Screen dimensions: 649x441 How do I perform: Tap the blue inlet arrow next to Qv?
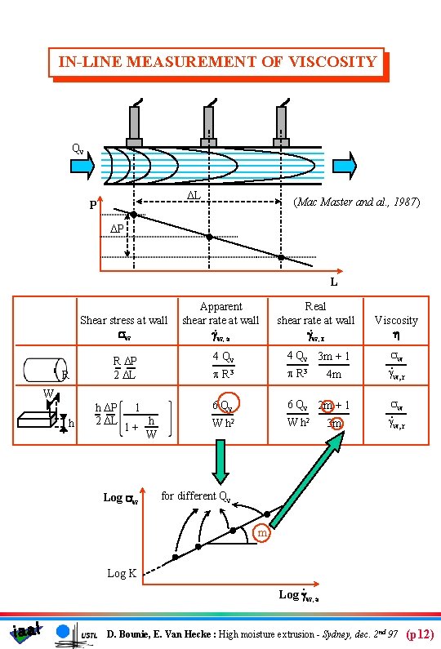tap(84, 167)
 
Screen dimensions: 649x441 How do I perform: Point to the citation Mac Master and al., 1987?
tap(356, 202)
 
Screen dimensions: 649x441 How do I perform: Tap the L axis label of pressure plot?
tap(332, 282)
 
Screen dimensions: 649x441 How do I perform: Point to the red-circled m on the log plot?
tap(261, 534)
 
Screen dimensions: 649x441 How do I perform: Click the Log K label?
tap(122, 574)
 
